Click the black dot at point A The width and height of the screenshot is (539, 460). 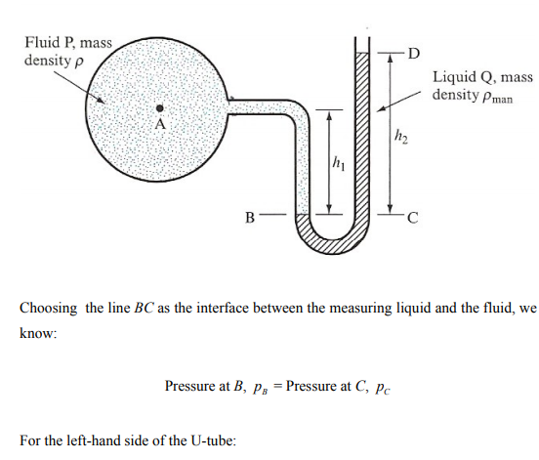pos(159,108)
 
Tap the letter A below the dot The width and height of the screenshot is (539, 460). pos(160,124)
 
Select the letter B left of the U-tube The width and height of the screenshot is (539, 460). pos(250,218)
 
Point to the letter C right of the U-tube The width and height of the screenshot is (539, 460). pos(413,218)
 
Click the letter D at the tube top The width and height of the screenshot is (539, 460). pos(414,54)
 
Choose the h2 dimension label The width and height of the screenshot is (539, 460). pos(400,137)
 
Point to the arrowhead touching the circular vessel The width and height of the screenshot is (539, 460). pos(101,100)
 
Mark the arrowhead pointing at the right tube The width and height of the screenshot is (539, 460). pos(381,108)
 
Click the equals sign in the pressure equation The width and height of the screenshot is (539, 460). pos(277,387)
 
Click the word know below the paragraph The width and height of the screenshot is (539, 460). pos(38,333)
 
